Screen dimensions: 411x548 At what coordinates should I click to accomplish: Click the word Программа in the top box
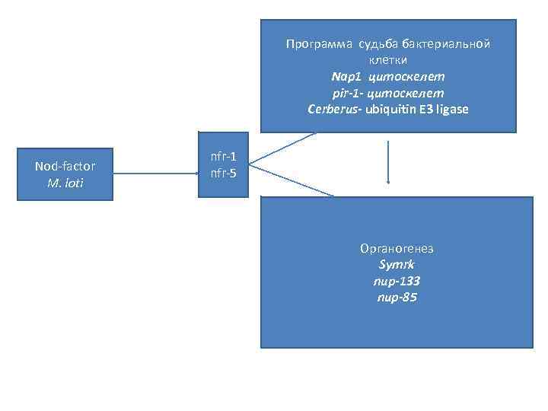tap(313, 44)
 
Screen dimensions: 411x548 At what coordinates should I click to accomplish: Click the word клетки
tap(388, 60)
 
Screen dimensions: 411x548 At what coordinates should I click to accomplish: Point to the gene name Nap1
tap(346, 77)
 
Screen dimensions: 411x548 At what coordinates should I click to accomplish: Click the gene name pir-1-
tap(349, 93)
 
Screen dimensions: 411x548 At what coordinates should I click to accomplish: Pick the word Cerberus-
tap(334, 110)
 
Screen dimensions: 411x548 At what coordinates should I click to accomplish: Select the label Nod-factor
tap(65, 166)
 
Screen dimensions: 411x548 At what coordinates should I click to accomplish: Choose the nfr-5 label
tap(223, 174)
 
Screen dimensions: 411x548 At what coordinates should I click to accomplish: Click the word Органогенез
tap(397, 249)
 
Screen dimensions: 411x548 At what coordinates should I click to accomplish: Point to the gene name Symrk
tap(397, 265)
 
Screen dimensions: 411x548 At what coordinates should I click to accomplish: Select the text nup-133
tap(397, 282)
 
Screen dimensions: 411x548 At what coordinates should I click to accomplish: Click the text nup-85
tap(397, 298)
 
